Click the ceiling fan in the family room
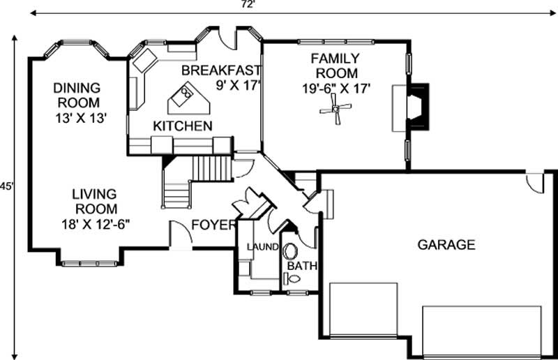click(x=339, y=108)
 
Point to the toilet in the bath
click(x=293, y=278)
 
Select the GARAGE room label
click(x=446, y=245)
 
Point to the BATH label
click(x=302, y=266)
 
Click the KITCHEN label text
click(x=183, y=126)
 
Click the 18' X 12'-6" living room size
click(x=96, y=224)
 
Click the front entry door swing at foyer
click(x=179, y=234)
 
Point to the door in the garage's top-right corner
click(x=535, y=182)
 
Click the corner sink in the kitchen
click(x=145, y=60)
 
